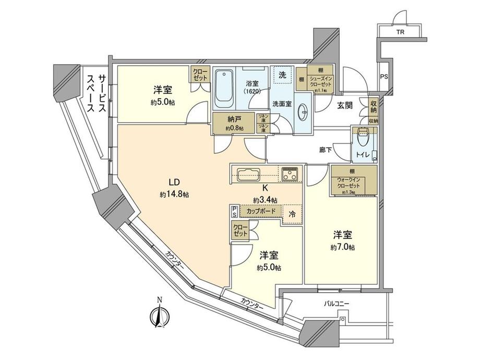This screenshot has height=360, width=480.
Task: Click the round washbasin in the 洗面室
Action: (x=304, y=111)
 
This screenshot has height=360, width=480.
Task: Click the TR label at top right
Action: (x=400, y=32)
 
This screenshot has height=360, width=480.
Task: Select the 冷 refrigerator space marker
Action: (x=292, y=213)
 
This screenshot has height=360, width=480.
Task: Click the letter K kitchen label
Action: (x=265, y=189)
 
